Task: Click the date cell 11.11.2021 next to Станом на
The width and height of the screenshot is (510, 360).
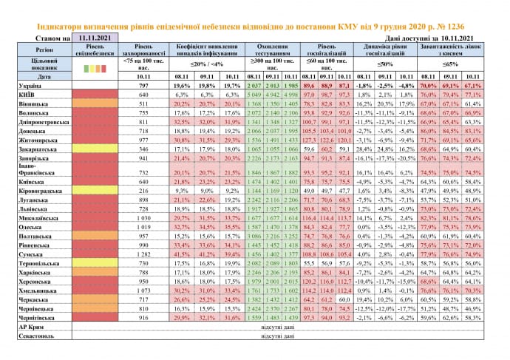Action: click(95, 35)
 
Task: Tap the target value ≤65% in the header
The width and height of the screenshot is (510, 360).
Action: click(449, 65)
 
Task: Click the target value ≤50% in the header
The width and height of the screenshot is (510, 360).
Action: click(381, 65)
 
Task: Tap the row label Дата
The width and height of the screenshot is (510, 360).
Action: click(23, 76)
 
